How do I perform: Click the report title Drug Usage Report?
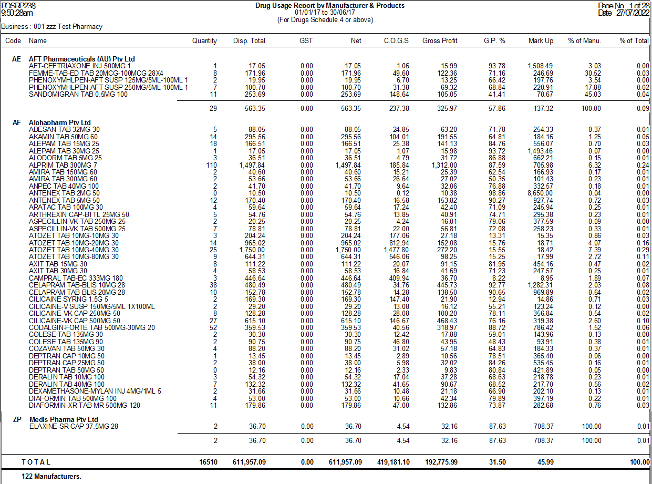329,5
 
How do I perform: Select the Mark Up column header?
541,40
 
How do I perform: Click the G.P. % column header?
494,40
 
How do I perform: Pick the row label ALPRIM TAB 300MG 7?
63,165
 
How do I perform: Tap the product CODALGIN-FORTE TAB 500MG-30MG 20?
92,327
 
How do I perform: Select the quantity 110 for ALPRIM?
210,165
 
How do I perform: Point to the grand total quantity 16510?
208,462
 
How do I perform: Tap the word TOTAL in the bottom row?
36,462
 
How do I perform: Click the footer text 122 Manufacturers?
51,476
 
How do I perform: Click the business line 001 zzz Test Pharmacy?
52,26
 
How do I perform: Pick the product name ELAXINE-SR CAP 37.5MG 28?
74,426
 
